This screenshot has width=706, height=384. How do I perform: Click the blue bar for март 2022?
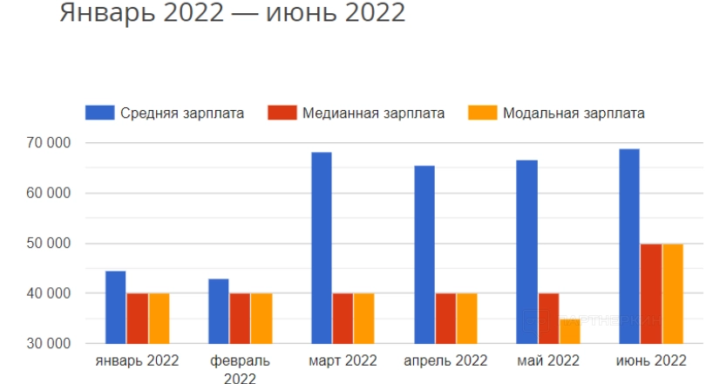pyautogui.click(x=322, y=248)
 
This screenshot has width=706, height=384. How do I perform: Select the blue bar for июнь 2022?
pyautogui.click(x=629, y=246)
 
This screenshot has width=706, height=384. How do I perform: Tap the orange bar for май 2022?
pyautogui.click(x=569, y=332)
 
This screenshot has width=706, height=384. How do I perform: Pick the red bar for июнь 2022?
pyautogui.click(x=651, y=294)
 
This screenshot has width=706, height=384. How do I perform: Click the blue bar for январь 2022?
pyautogui.click(x=116, y=307)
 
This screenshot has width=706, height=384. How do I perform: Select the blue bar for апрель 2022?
pyautogui.click(x=424, y=255)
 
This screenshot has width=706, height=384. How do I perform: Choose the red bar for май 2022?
pyautogui.click(x=548, y=319)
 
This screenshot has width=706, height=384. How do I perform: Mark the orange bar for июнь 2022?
pyautogui.click(x=672, y=294)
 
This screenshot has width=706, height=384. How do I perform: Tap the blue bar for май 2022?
pyautogui.click(x=526, y=252)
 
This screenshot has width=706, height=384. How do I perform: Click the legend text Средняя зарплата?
pyautogui.click(x=182, y=113)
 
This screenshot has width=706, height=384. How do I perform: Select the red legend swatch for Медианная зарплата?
pyautogui.click(x=282, y=113)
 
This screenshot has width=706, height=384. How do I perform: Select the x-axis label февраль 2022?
pyautogui.click(x=240, y=368)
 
